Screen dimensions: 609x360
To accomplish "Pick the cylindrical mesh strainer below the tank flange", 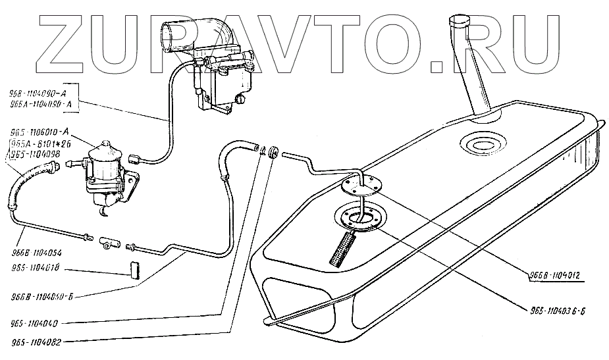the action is pyautogui.click(x=342, y=247).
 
